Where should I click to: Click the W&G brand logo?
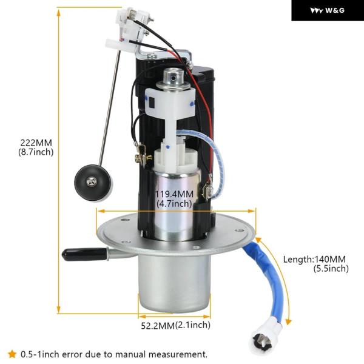pyautogui.click(x=328, y=10)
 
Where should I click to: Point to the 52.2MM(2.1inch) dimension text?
pyautogui.click(x=176, y=325)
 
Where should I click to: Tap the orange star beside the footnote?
pyautogui.click(x=12, y=354)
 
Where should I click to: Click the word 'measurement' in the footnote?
pyautogui.click(x=178, y=354)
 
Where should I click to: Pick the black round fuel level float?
pyautogui.click(x=93, y=183)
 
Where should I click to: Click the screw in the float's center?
pyautogui.click(x=92, y=182)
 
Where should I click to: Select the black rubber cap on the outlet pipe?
pyautogui.click(x=85, y=254)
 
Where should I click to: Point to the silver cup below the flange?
pyautogui.click(x=174, y=282)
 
